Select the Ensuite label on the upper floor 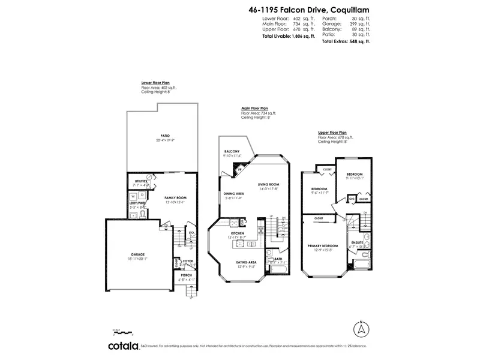click(x=358, y=243)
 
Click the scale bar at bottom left click(x=122, y=331)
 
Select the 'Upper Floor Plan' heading click(x=332, y=132)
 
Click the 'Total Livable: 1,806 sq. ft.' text click(x=288, y=36)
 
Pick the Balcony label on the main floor click(x=232, y=151)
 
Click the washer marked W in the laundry click(x=132, y=196)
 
